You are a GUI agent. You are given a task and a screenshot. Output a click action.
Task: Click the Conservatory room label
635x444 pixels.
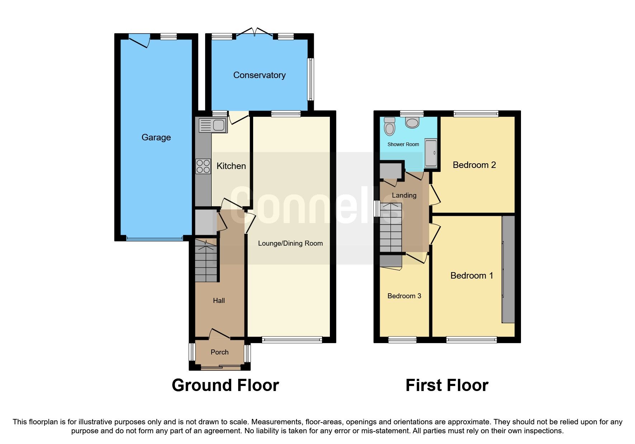259,75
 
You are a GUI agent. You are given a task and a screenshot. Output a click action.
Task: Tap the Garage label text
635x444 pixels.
156,137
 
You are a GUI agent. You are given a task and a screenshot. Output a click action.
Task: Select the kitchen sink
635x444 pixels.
212,125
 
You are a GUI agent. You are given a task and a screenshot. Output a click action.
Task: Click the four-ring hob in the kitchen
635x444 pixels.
203,166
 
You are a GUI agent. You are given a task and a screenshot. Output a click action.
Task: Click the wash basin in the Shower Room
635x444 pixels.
412,122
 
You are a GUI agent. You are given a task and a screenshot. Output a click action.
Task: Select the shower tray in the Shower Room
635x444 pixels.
431,153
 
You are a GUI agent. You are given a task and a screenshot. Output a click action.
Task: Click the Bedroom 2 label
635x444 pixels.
474,165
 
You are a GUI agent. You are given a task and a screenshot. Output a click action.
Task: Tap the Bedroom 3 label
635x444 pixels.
404,296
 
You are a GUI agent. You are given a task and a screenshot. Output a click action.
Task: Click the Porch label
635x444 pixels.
219,352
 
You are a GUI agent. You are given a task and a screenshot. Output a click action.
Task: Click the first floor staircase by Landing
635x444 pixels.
390,228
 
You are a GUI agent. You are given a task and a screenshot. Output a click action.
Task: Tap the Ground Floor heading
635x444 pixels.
225,386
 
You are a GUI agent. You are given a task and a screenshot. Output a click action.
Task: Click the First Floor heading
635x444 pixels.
447,386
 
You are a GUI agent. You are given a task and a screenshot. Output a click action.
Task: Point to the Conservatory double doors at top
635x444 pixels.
255,33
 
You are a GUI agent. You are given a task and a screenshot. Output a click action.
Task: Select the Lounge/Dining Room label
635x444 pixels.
290,243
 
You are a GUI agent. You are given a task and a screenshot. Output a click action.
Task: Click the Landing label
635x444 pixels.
404,196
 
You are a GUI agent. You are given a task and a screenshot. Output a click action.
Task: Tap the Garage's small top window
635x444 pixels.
169,36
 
